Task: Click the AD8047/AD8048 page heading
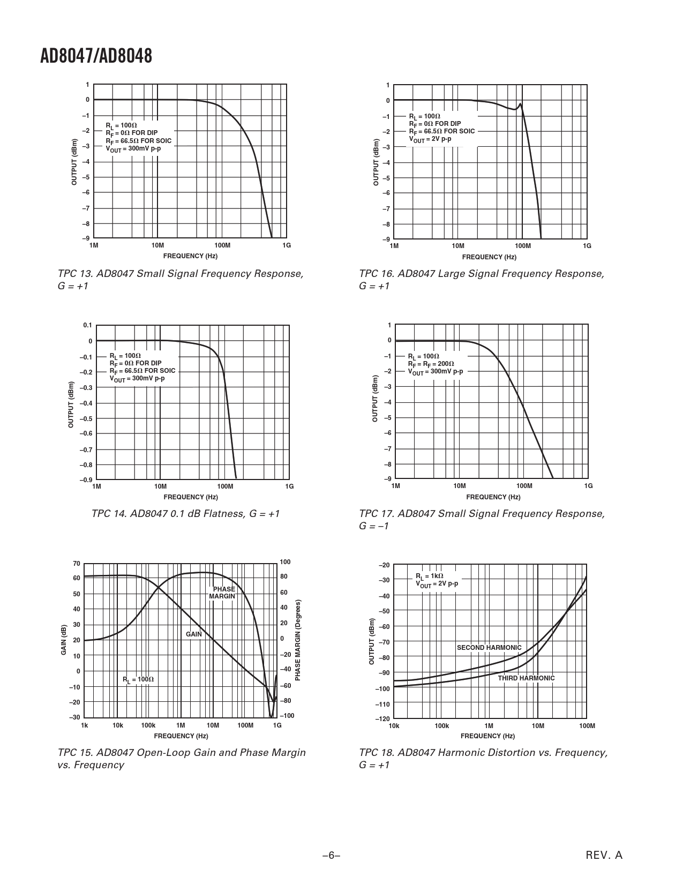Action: pyautogui.click(x=96, y=56)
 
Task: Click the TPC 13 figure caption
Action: pyautogui.click(x=180, y=280)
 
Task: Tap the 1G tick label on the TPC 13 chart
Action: pyautogui.click(x=287, y=245)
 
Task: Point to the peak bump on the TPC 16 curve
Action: pyautogui.click(x=520, y=104)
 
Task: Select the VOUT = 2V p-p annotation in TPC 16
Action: pyautogui.click(x=430, y=139)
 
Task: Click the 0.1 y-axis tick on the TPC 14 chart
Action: pyautogui.click(x=87, y=325)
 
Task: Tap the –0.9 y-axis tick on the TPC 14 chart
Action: pyautogui.click(x=86, y=480)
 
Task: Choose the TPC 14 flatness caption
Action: pyautogui.click(x=185, y=514)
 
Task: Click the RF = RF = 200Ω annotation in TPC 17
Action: pyautogui.click(x=431, y=364)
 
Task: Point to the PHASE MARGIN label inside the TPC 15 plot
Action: pyautogui.click(x=223, y=593)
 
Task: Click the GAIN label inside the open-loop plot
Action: pyautogui.click(x=194, y=634)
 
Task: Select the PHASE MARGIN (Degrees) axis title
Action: pyautogui.click(x=298, y=640)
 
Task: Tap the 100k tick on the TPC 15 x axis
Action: pyautogui.click(x=148, y=725)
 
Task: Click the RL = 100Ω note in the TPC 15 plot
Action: pyautogui.click(x=138, y=679)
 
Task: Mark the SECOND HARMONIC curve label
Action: pyautogui.click(x=489, y=648)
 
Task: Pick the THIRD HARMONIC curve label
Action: pyautogui.click(x=526, y=678)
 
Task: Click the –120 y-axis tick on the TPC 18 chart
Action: pyautogui.click(x=384, y=718)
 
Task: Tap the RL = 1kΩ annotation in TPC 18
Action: pyautogui.click(x=429, y=576)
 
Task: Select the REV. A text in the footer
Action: pyautogui.click(x=604, y=855)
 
